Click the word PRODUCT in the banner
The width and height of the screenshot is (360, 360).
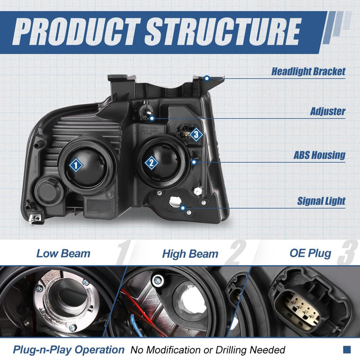coord(76,31)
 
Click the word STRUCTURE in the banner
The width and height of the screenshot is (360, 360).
coord(223,31)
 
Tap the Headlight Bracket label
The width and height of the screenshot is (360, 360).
coord(308,71)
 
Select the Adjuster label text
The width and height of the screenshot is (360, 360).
coord(328,111)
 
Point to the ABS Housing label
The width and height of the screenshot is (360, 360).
coord(319,155)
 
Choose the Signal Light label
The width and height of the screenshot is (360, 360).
coord(321,201)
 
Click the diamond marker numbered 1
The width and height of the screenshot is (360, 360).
coord(76,165)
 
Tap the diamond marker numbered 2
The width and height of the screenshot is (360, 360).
coord(151,163)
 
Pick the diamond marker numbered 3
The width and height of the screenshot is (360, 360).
coord(196,134)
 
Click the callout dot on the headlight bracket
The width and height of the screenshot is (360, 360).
coord(207,78)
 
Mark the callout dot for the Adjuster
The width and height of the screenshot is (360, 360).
coord(152,119)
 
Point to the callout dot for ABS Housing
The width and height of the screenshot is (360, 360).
coord(194,162)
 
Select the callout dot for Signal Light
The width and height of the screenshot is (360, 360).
coord(183,208)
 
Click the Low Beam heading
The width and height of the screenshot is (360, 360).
coord(64,254)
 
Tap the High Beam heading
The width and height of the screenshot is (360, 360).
coord(190,254)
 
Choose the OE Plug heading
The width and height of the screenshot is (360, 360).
coord(310,254)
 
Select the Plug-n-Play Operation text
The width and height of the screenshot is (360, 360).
coord(69,350)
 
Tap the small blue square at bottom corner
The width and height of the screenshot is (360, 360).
coord(347,349)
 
